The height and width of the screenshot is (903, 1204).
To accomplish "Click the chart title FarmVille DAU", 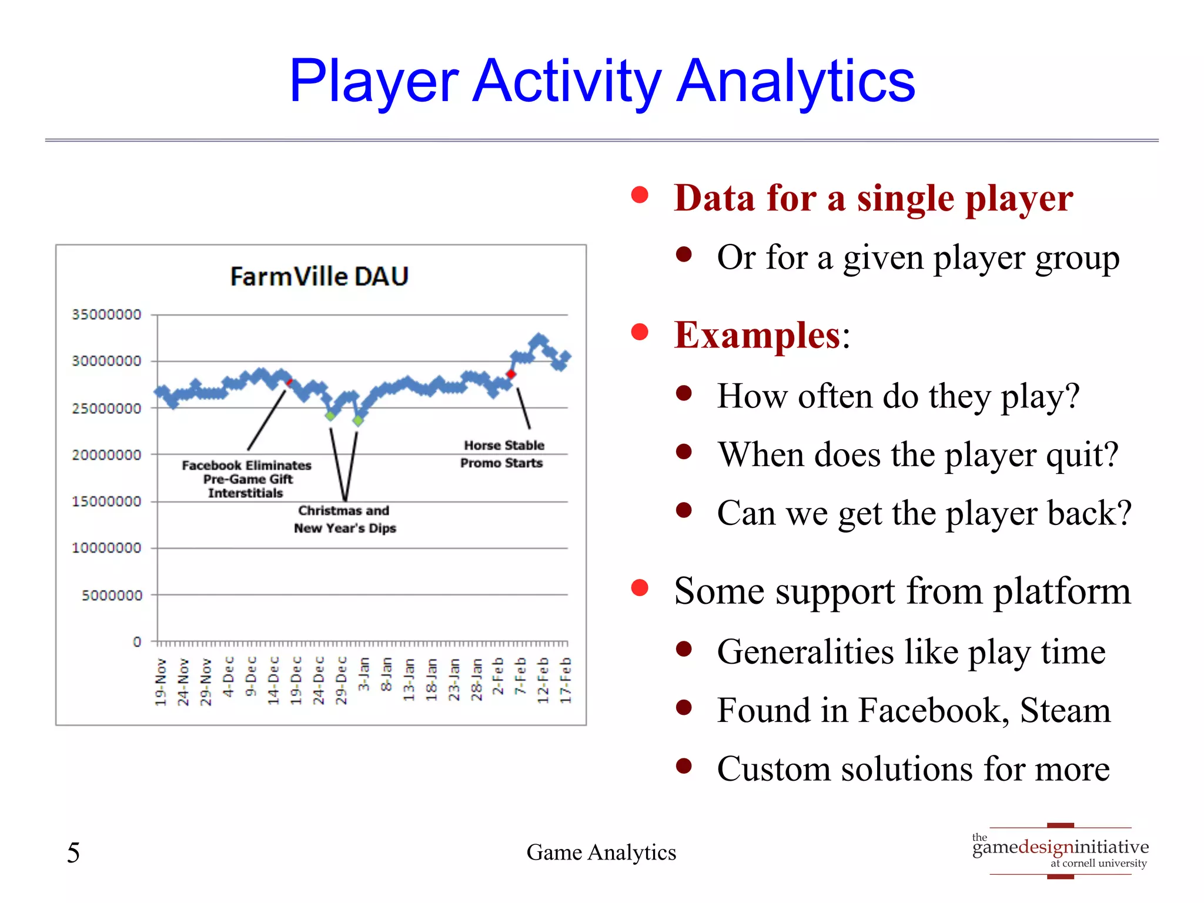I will click(319, 276).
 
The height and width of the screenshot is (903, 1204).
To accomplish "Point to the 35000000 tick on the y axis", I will click(106, 315).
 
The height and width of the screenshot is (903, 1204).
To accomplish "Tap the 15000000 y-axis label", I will click(106, 501).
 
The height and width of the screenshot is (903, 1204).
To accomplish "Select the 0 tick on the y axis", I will click(137, 642).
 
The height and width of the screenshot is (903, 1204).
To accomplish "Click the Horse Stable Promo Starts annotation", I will click(503, 454).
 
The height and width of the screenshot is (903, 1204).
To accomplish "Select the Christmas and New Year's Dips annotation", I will click(345, 519).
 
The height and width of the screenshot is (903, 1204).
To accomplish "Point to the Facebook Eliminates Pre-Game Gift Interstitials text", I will click(247, 479).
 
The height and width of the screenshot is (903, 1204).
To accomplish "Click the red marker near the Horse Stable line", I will click(511, 374).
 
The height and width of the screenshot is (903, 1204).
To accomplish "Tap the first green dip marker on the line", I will click(330, 416).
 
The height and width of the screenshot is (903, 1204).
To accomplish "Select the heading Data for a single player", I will click(873, 198).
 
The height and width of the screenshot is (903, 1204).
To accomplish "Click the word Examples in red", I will click(757, 335).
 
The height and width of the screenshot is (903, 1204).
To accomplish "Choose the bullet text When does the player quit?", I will click(918, 454).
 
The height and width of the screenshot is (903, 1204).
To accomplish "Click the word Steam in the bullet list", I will click(1065, 710).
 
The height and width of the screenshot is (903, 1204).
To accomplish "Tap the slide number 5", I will click(73, 852).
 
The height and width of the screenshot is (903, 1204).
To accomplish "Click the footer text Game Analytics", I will click(601, 852).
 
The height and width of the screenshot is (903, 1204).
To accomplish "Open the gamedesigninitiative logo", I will click(1060, 851).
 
